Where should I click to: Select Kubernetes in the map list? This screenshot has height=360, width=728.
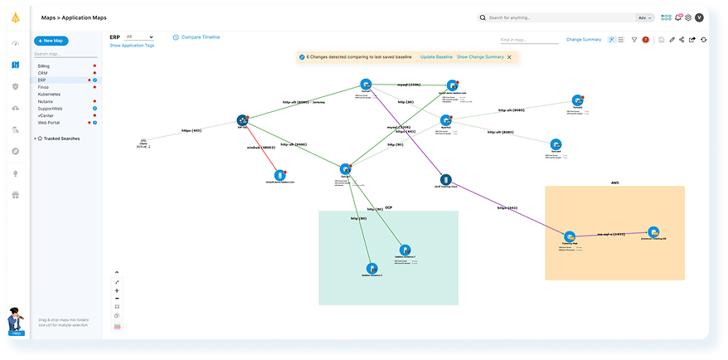coord(49,95)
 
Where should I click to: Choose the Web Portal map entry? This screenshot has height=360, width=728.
coord(48,123)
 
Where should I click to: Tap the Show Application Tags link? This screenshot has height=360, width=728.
coord(132,46)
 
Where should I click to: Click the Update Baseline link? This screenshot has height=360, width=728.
coord(436,56)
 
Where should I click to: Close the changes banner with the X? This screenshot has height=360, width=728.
coord(509,56)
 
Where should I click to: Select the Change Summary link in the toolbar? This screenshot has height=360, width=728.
coord(584,39)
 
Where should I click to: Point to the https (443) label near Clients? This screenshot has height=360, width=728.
coord(192,131)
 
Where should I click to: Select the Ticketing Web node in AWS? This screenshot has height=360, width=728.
coord(570,237)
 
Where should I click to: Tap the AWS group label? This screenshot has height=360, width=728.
coord(615,182)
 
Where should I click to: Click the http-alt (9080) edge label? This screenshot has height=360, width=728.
coord(511,110)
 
